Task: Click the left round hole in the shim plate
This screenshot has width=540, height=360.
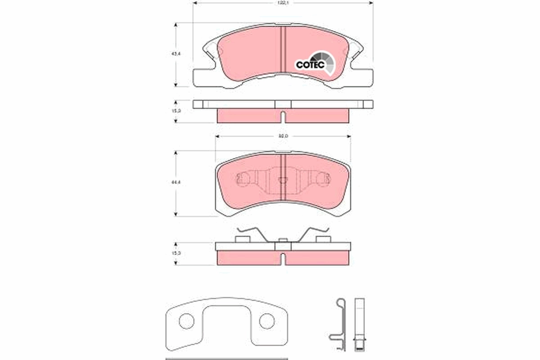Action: pos(186,321)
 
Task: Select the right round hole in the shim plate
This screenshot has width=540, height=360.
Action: pos(266,321)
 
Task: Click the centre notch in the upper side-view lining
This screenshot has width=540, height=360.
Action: pos(283,117)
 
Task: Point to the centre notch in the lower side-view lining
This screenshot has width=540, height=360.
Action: pos(283,259)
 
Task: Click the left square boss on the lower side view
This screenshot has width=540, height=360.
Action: pos(243,239)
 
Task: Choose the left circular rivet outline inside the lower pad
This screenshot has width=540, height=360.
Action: pos(243,180)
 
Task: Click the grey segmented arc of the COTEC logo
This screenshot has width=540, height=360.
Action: pos(326,61)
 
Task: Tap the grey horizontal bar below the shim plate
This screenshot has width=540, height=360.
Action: pos(226,359)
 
